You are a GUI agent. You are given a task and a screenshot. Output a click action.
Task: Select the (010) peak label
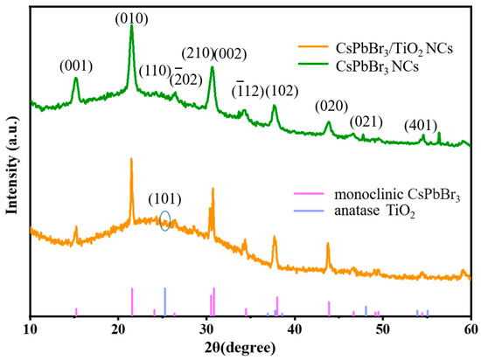pyautogui.click(x=131, y=17)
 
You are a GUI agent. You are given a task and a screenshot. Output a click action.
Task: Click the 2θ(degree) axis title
pyautogui.click(x=250, y=347)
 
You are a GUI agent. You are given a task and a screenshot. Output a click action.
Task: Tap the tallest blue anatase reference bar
pyautogui.click(x=164, y=301)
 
